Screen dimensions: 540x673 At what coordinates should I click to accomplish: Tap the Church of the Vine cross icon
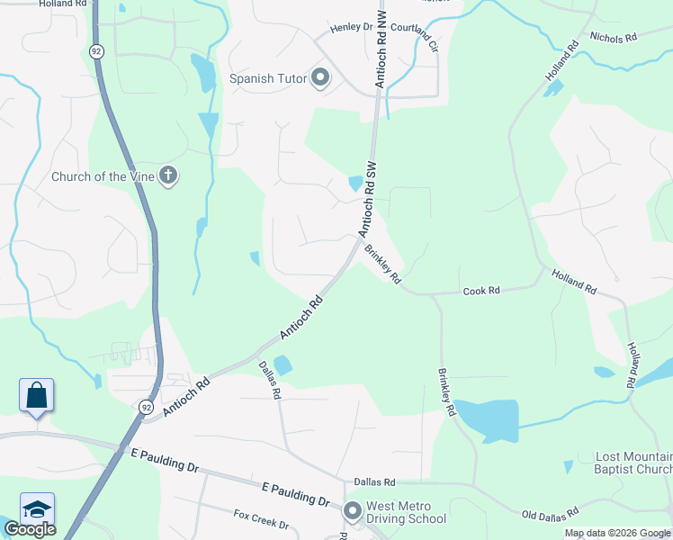168,175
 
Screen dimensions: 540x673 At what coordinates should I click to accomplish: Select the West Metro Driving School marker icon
352,511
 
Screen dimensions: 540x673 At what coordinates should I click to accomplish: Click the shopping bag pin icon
36,396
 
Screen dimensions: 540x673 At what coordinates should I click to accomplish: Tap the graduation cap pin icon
37,509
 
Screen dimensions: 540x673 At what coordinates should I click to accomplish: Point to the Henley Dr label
351,27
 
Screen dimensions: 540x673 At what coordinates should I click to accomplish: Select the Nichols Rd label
613,38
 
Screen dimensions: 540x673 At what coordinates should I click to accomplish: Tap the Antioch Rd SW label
368,199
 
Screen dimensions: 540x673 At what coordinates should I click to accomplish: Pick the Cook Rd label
481,292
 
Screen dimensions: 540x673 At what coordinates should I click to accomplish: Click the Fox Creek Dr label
261,519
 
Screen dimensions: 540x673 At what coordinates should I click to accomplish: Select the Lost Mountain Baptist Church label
633,463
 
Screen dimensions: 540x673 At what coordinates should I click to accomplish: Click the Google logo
30,529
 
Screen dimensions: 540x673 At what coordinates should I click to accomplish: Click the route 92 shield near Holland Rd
97,51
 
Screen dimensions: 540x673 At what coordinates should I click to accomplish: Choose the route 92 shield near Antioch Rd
146,407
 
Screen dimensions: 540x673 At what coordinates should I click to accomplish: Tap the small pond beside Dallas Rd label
283,364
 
